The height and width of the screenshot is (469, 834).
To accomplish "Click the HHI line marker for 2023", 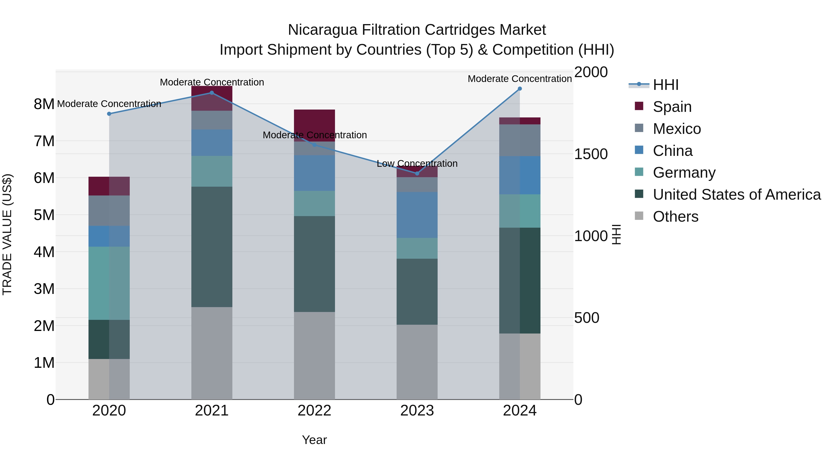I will pyautogui.click(x=417, y=173).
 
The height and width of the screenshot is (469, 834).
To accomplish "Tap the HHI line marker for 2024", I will pyautogui.click(x=520, y=89).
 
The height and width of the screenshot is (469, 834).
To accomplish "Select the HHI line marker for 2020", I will pyautogui.click(x=109, y=114).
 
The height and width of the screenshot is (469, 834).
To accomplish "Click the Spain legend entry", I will pyautogui.click(x=672, y=107).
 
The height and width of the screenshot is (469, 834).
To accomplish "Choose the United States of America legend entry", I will pyautogui.click(x=736, y=195).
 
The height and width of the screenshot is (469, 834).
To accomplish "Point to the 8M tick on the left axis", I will pyautogui.click(x=44, y=104).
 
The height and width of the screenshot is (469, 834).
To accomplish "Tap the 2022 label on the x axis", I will pyautogui.click(x=314, y=411).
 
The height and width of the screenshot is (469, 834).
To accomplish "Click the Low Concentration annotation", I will pyautogui.click(x=417, y=164).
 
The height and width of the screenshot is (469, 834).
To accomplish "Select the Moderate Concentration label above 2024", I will pyautogui.click(x=519, y=79).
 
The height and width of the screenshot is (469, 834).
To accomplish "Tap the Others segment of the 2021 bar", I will pyautogui.click(x=212, y=353).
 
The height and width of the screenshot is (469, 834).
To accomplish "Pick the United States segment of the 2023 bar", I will pyautogui.click(x=417, y=291).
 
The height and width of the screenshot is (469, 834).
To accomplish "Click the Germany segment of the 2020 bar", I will pyautogui.click(x=109, y=283).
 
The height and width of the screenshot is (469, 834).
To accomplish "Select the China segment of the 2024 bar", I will pyautogui.click(x=520, y=175).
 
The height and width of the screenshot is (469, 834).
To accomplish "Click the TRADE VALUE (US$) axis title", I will pyautogui.click(x=7, y=234).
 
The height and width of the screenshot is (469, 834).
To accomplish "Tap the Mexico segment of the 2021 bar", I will pyautogui.click(x=212, y=120).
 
